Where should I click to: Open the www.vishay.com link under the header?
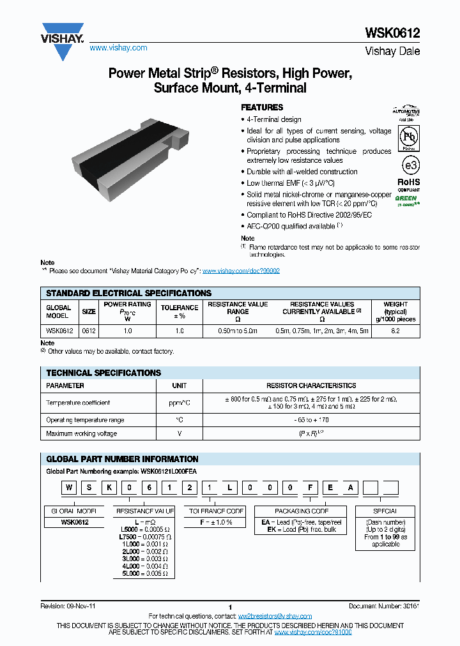tap(118, 48)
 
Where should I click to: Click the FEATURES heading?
tap(262, 107)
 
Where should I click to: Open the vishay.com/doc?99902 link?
tap(241, 271)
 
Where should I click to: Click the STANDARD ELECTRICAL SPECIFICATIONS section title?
tap(128, 293)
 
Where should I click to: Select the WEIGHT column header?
tap(400, 312)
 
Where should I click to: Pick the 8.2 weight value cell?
tap(395, 331)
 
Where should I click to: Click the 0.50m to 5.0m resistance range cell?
tap(238, 331)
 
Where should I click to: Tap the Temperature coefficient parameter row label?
tap(78, 403)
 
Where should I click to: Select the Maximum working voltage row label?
tap(81, 434)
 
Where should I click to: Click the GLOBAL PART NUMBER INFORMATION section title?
tap(122, 459)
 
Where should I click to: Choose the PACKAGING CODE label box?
tap(301, 511)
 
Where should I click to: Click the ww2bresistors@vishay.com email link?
tap(275, 616)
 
